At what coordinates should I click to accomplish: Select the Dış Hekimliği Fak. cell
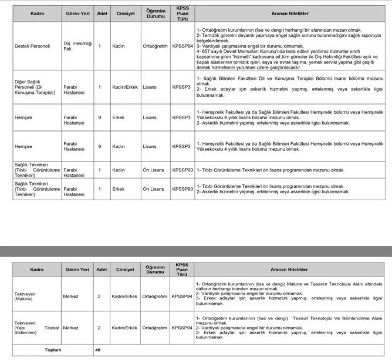tap(74, 46)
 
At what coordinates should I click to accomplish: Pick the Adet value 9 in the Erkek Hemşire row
tap(100, 117)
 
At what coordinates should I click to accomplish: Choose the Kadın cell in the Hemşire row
tap(119, 146)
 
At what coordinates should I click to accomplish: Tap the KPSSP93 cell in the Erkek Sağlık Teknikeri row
tap(182, 189)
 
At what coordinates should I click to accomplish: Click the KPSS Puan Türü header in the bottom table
tap(182, 269)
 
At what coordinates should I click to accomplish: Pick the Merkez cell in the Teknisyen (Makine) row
tap(71, 297)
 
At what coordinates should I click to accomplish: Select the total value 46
tap(99, 350)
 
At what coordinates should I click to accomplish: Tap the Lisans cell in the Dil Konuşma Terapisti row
tap(150, 88)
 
